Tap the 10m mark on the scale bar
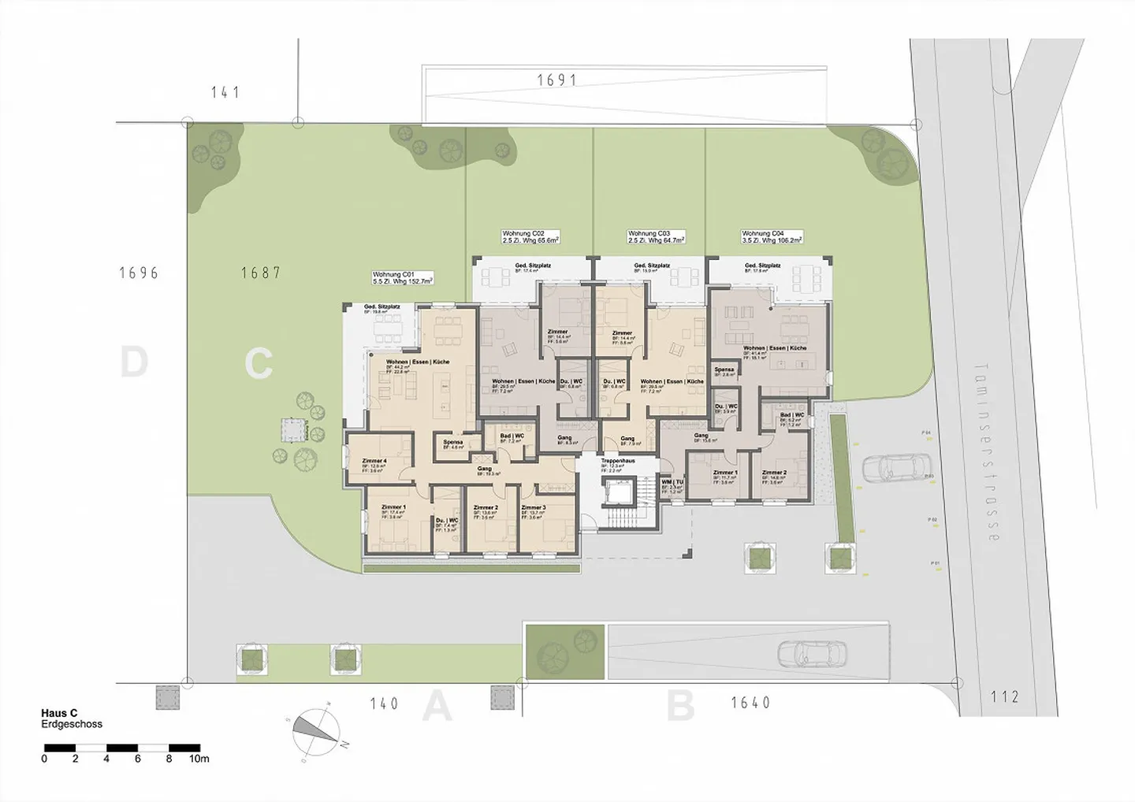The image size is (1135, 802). click(x=199, y=759)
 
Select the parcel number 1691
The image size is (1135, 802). click(x=557, y=80)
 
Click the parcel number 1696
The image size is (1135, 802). click(x=139, y=273)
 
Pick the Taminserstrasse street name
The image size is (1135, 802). click(x=988, y=452)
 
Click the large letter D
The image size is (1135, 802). click(x=134, y=363)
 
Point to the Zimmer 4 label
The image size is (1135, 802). click(x=374, y=461)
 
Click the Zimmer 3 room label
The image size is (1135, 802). click(x=533, y=508)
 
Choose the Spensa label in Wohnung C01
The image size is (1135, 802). click(x=452, y=443)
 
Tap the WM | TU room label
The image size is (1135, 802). click(x=672, y=481)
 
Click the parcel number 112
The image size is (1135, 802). click(x=1004, y=696)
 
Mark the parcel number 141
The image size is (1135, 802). click(x=225, y=92)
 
